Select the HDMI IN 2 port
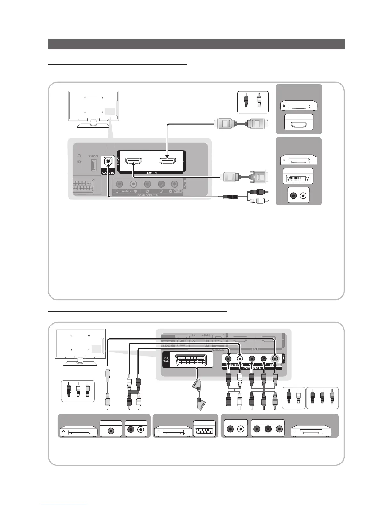pyautogui.click(x=167, y=161)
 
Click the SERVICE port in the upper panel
pyautogui.click(x=94, y=165)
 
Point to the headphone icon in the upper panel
pyautogui.click(x=79, y=156)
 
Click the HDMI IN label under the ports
pyautogui.click(x=151, y=173)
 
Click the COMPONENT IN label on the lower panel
pyautogui.click(x=252, y=368)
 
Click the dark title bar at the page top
pyautogui.click(x=196, y=44)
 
